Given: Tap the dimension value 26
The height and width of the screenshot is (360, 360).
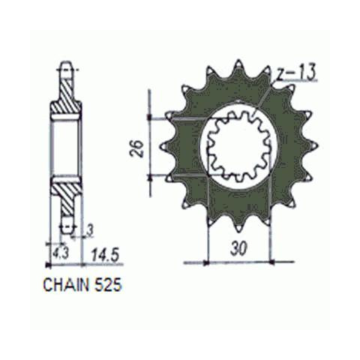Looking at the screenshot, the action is click(137, 148).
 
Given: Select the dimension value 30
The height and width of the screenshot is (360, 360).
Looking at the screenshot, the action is click(239, 248).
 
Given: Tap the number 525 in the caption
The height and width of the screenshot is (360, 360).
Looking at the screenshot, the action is click(107, 285).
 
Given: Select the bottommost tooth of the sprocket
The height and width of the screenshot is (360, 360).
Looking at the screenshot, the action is click(239, 226).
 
